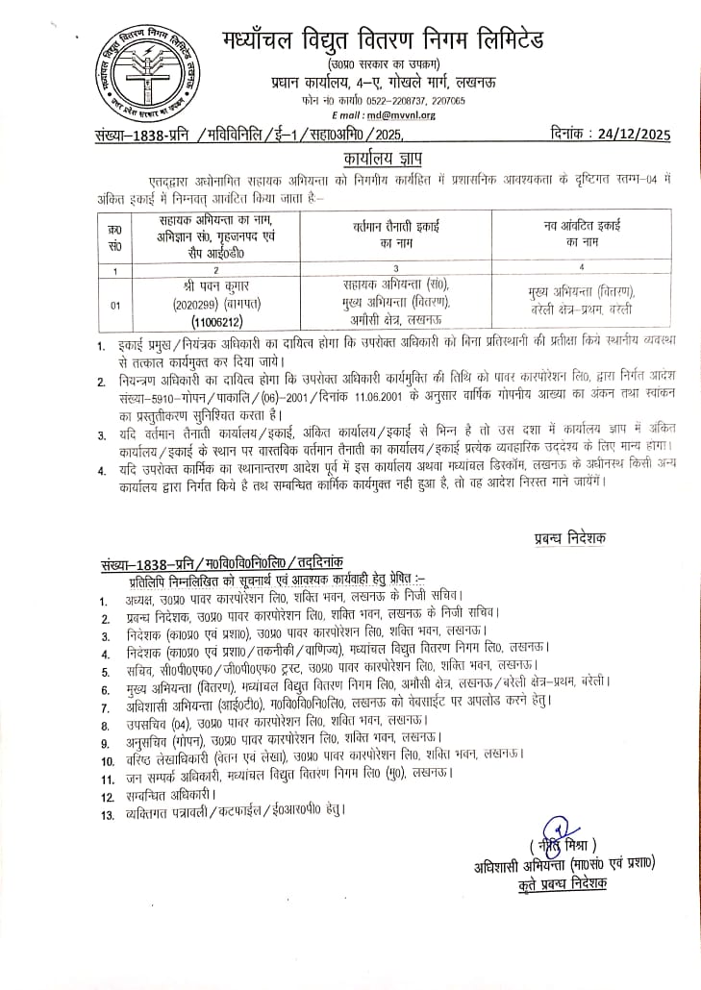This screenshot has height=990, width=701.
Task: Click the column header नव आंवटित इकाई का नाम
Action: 581,232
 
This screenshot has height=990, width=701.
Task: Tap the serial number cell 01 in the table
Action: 115,305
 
